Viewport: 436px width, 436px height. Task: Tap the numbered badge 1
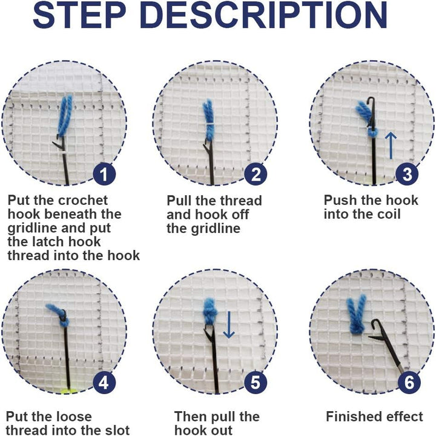104,175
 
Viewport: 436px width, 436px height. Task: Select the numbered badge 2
256,175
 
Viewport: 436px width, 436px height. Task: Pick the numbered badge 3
407,175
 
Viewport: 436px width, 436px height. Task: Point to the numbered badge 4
104,383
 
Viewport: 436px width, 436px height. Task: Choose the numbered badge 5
256,383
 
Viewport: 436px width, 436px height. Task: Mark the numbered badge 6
409,383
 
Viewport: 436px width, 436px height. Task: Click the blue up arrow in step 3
391,146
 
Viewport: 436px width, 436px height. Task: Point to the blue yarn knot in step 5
210,312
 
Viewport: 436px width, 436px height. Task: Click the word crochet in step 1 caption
85,201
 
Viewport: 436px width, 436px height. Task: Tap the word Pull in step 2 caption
179,201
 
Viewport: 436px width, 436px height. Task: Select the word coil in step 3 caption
388,214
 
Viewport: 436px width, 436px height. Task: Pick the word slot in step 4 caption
114,431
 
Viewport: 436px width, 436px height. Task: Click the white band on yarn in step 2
208,122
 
